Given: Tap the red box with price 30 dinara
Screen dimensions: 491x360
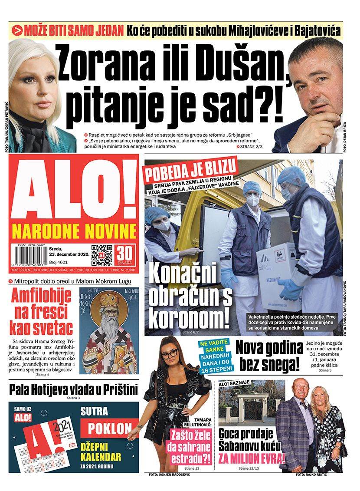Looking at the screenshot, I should (126, 255).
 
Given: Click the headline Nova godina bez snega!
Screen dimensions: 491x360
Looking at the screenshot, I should (269, 356).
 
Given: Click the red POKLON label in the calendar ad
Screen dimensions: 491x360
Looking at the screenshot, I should (110, 428).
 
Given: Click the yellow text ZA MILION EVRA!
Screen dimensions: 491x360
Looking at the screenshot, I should (252, 458).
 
